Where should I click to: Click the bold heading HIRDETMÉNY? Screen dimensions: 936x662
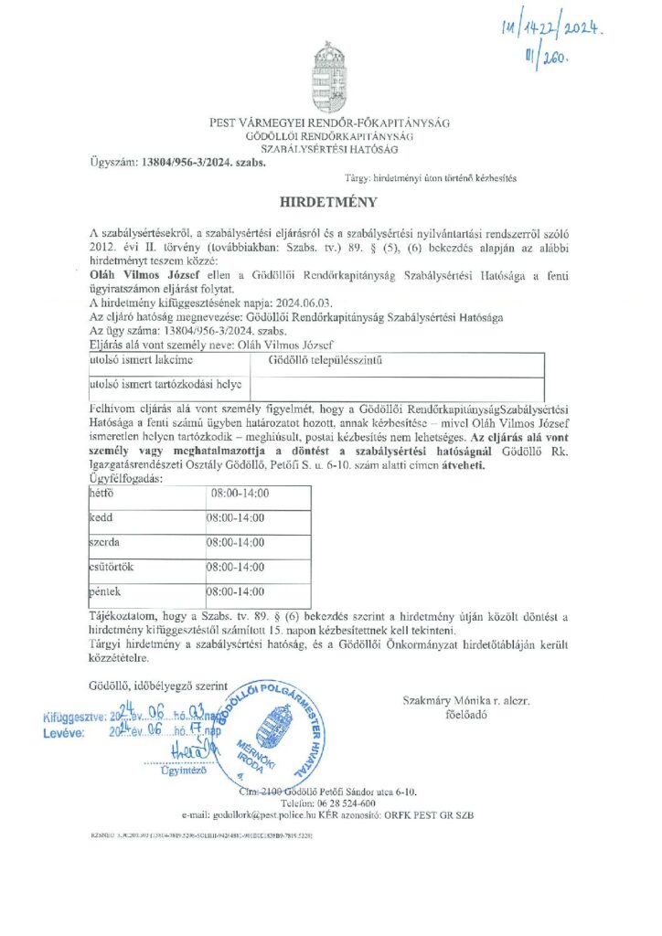330,199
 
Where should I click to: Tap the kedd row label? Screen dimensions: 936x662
100,517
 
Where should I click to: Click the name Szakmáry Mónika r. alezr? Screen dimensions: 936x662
465,700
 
